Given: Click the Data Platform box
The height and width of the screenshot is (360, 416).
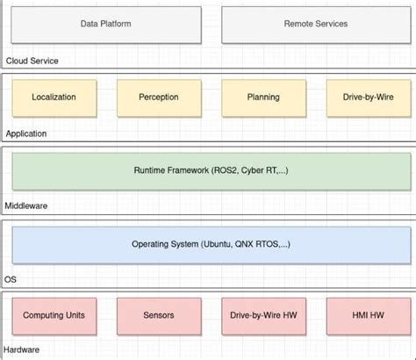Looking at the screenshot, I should (105, 25).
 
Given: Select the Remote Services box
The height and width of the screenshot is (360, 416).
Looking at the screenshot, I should (315, 25).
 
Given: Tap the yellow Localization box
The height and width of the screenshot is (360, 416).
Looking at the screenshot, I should (54, 97).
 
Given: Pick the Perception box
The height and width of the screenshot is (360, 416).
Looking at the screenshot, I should (158, 97).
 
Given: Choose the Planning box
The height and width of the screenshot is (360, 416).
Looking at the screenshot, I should (263, 97).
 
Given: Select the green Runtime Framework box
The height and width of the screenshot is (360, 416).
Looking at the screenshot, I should (210, 170).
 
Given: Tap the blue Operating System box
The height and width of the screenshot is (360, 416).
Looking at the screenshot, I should (210, 243).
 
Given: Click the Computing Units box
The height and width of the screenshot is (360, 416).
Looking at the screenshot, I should (54, 315).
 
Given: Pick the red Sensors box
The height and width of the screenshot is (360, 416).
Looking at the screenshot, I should (158, 315).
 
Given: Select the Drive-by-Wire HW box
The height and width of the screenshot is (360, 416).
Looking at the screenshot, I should (263, 315).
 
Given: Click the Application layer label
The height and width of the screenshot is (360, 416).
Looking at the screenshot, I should (25, 133).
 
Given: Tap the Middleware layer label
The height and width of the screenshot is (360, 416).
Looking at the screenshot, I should (27, 205).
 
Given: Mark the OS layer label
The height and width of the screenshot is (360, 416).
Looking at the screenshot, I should (11, 278).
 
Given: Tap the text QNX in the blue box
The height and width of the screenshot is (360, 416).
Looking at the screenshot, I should (247, 243).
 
